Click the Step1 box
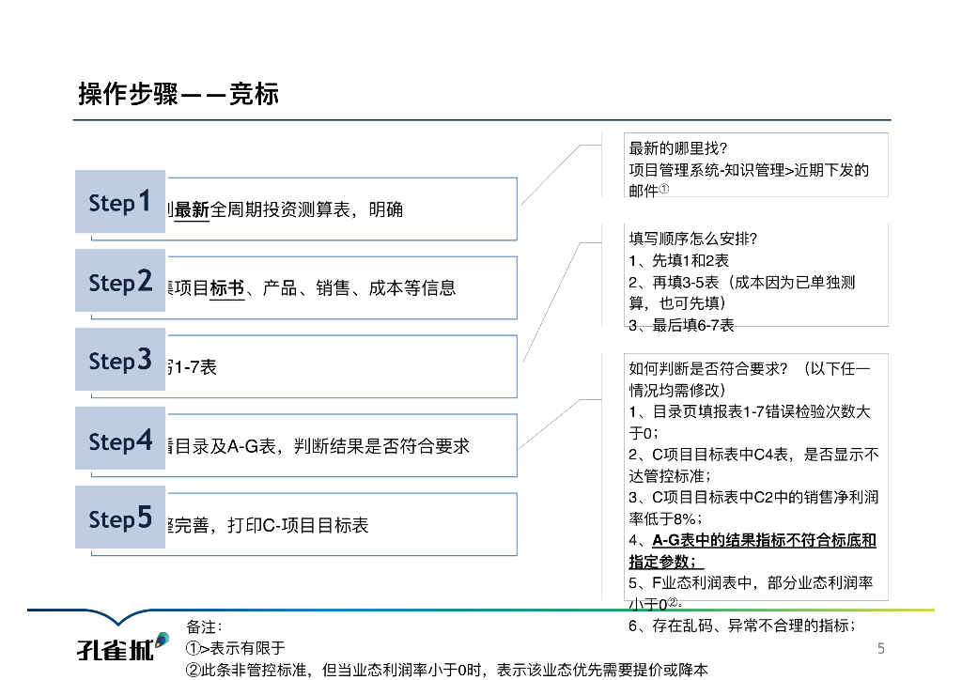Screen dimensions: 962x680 tap(120, 201)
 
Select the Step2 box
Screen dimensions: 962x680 tap(120, 281)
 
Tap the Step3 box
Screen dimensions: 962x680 tap(120, 360)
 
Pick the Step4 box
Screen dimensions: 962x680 tap(120, 440)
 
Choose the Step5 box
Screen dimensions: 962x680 tap(120, 518)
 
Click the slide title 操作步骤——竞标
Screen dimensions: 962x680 tap(178, 95)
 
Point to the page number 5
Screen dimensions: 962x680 tap(880, 648)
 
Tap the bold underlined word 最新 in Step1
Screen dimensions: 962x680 tap(192, 209)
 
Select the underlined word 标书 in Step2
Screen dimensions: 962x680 tap(227, 288)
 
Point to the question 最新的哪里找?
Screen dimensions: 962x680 tap(677, 148)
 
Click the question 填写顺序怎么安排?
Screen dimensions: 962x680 tap(692, 239)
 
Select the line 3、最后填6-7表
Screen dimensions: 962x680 tap(681, 325)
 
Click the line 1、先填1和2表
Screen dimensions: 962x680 tap(678, 260)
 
